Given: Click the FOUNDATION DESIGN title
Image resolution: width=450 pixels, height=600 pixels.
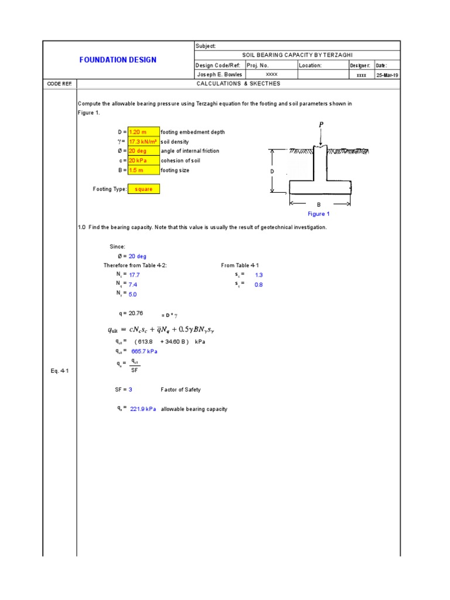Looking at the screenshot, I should click(x=118, y=60).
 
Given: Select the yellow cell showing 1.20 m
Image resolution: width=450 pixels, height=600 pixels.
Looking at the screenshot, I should click(x=143, y=132).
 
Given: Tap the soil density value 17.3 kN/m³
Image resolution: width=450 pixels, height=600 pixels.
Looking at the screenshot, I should click(x=143, y=142).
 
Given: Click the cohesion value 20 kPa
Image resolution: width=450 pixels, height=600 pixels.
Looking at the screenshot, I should click(x=143, y=161).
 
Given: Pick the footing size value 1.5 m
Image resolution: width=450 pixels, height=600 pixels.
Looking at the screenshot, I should click(x=143, y=171).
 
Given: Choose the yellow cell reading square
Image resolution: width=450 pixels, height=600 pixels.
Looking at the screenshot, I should click(x=144, y=189).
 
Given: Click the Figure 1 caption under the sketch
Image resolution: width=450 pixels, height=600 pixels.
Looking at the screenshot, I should click(x=319, y=214).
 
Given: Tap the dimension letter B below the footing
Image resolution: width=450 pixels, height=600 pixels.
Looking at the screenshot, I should click(x=319, y=205).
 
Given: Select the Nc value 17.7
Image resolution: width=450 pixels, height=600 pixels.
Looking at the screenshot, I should click(x=134, y=274).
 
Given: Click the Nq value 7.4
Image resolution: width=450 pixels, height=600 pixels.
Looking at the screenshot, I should click(x=133, y=284).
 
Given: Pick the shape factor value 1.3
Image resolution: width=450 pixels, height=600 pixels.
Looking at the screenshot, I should click(x=259, y=274).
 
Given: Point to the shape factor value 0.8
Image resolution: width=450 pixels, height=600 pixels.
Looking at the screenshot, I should click(x=259, y=284).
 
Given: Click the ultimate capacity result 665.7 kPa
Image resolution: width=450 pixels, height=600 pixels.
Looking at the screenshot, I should click(x=144, y=351).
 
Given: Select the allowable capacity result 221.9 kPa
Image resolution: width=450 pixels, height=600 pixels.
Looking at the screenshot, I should click(x=143, y=409).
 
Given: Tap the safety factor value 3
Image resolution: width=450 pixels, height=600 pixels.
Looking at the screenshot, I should click(x=131, y=389).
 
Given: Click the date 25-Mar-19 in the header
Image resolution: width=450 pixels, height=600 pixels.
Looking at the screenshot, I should click(x=387, y=75).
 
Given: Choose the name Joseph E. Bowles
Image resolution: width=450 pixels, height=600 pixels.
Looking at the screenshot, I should click(x=215, y=75).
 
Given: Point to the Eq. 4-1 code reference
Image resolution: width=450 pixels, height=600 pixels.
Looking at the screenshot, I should click(x=60, y=371).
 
